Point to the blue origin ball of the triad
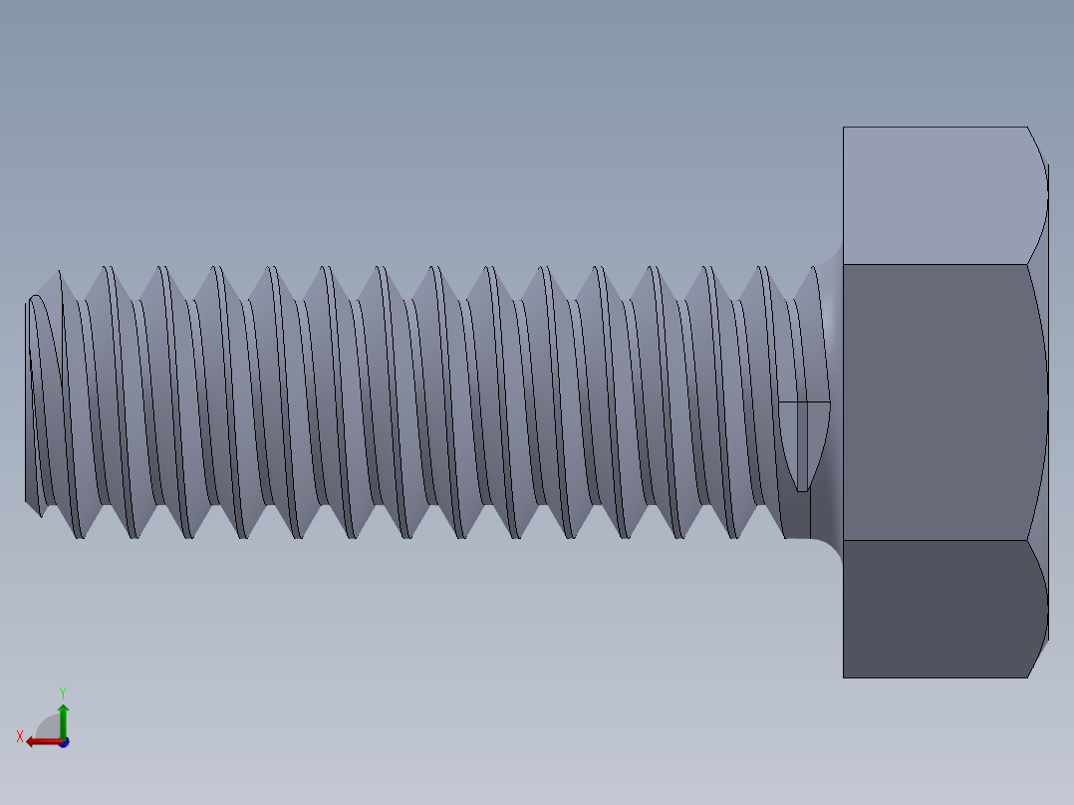(x=63, y=742)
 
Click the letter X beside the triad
(x=19, y=736)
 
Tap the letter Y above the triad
(x=62, y=691)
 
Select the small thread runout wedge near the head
(x=803, y=443)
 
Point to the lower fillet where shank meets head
(x=831, y=547)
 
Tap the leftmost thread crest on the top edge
(x=59, y=272)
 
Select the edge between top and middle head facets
(x=937, y=264)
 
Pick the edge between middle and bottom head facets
(x=937, y=540)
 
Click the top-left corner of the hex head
(x=844, y=128)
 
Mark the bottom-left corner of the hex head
(x=844, y=677)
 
